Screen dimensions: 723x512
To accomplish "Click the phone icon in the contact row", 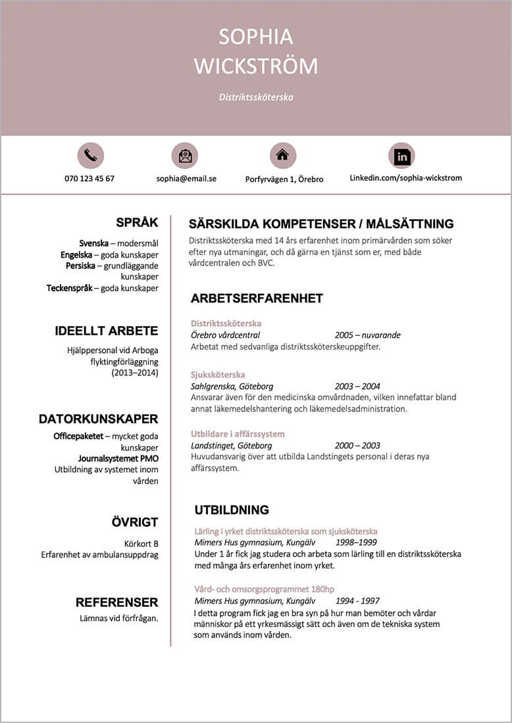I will [91, 156].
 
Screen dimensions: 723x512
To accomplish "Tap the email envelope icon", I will [185, 156].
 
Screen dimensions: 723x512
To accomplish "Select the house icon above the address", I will [283, 156].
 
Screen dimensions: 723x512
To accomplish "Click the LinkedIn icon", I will [401, 156].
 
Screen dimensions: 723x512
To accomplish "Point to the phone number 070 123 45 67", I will [90, 178].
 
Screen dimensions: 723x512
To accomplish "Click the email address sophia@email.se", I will [186, 178].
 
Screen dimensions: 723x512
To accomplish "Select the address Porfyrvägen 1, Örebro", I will [284, 179].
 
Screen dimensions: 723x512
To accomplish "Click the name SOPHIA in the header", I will [256, 37].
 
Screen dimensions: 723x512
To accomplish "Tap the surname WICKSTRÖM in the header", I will [256, 66].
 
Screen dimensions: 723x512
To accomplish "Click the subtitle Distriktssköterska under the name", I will [256, 97].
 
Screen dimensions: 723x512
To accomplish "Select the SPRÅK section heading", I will [137, 223].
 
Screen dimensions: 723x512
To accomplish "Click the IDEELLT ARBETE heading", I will [107, 331].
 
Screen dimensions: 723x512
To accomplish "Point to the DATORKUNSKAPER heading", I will [98, 419].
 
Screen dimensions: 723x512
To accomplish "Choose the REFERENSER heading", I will [116, 602].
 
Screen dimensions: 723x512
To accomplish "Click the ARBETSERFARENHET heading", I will [257, 298].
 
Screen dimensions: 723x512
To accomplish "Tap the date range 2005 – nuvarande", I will [367, 335].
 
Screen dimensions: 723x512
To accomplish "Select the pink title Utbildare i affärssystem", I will [238, 434].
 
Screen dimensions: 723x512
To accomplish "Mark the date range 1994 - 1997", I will [357, 601].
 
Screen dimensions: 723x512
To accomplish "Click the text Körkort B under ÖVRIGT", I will [141, 544].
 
